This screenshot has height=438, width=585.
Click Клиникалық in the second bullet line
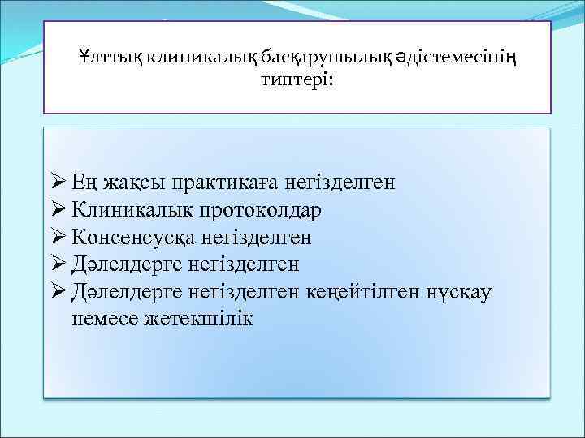point(133,210)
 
